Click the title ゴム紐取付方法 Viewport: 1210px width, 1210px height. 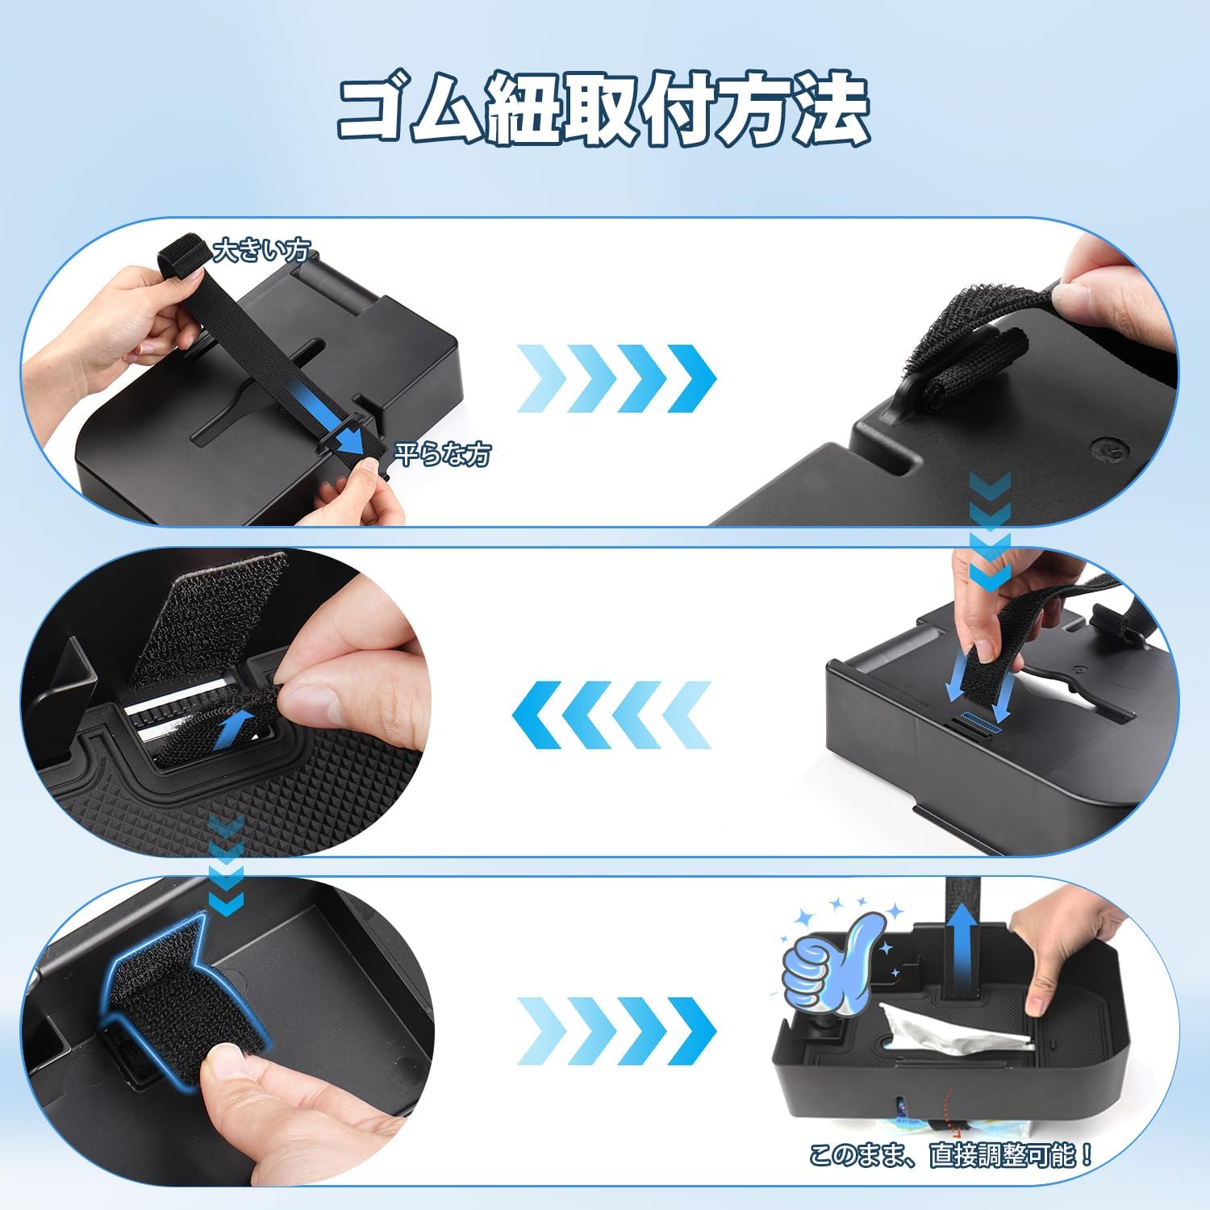point(603,111)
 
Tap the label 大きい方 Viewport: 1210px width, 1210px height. point(261,251)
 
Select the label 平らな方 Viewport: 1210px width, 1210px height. point(442,454)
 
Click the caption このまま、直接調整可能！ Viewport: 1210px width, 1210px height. point(951,1155)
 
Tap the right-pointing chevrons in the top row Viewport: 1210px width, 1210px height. point(616,378)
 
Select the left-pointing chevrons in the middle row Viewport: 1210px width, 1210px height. point(611,714)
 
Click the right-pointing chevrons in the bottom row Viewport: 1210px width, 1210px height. point(616,1031)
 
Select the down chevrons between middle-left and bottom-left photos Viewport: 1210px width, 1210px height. point(225,864)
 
